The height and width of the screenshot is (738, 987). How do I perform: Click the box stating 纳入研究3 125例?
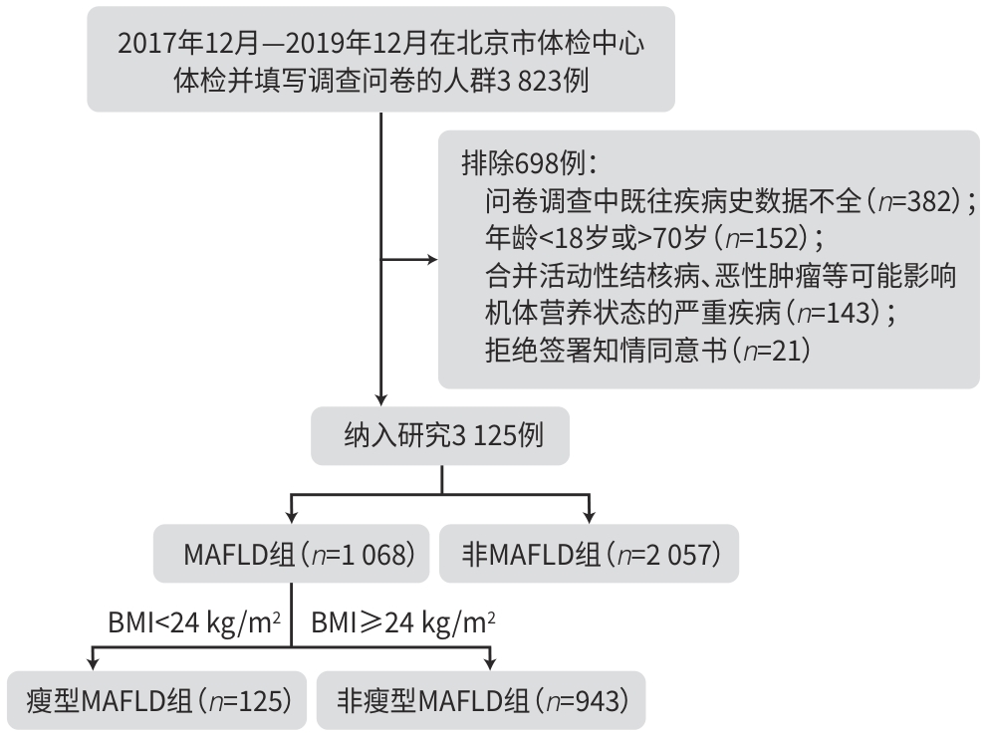(441, 435)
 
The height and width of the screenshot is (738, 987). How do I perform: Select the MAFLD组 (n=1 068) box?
(290, 554)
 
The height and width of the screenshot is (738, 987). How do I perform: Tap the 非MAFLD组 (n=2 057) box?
(590, 554)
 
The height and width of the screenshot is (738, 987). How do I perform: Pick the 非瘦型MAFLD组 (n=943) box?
(480, 700)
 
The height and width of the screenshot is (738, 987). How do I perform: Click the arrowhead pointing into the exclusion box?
(432, 262)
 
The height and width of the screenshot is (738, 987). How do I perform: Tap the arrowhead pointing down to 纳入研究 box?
(381, 396)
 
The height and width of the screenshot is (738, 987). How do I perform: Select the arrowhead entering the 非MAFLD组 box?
(591, 519)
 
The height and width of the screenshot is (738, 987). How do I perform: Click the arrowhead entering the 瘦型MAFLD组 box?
(94, 664)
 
